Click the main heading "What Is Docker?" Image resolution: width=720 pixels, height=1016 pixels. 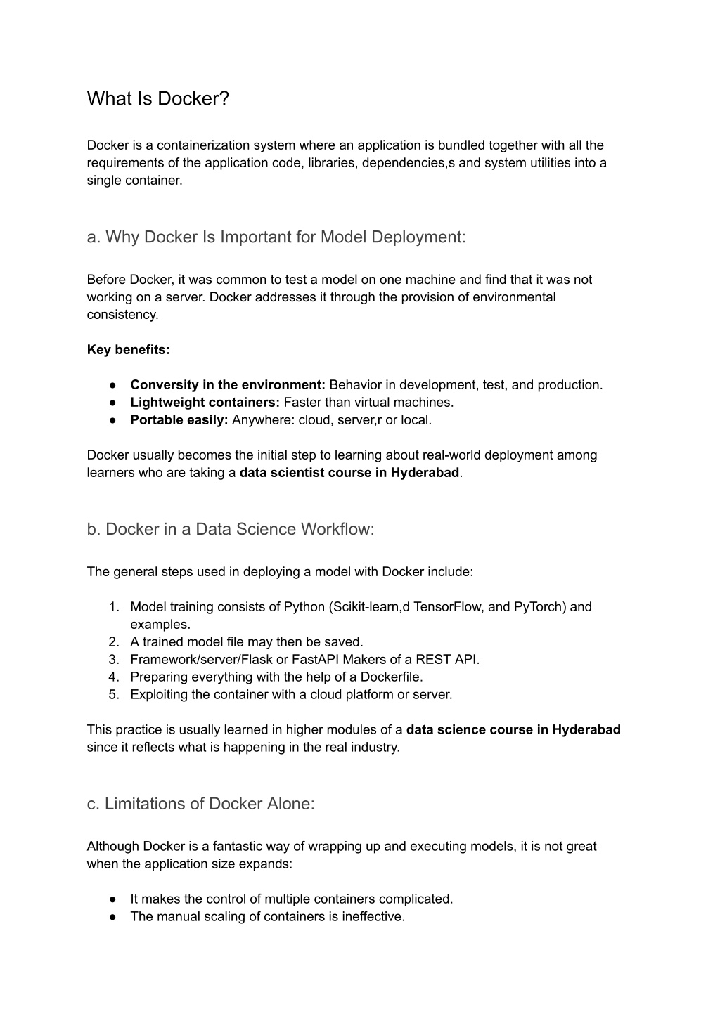point(158,99)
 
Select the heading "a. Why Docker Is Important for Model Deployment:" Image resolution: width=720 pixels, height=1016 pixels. point(276,237)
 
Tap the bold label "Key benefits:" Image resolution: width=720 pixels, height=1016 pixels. point(129,349)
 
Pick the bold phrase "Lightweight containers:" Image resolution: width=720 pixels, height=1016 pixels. point(205,402)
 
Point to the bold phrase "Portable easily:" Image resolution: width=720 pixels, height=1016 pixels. point(179,419)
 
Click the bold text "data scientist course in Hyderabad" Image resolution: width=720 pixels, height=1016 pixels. point(349,472)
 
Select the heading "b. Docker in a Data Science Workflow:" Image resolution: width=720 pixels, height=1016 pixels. point(231,529)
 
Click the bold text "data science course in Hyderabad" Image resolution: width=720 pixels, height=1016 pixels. point(513,729)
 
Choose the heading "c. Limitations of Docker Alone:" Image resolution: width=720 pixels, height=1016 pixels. point(201,804)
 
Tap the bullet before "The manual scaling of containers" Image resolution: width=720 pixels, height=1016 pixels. point(112,916)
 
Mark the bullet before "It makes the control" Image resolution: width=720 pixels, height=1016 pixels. point(112,899)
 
